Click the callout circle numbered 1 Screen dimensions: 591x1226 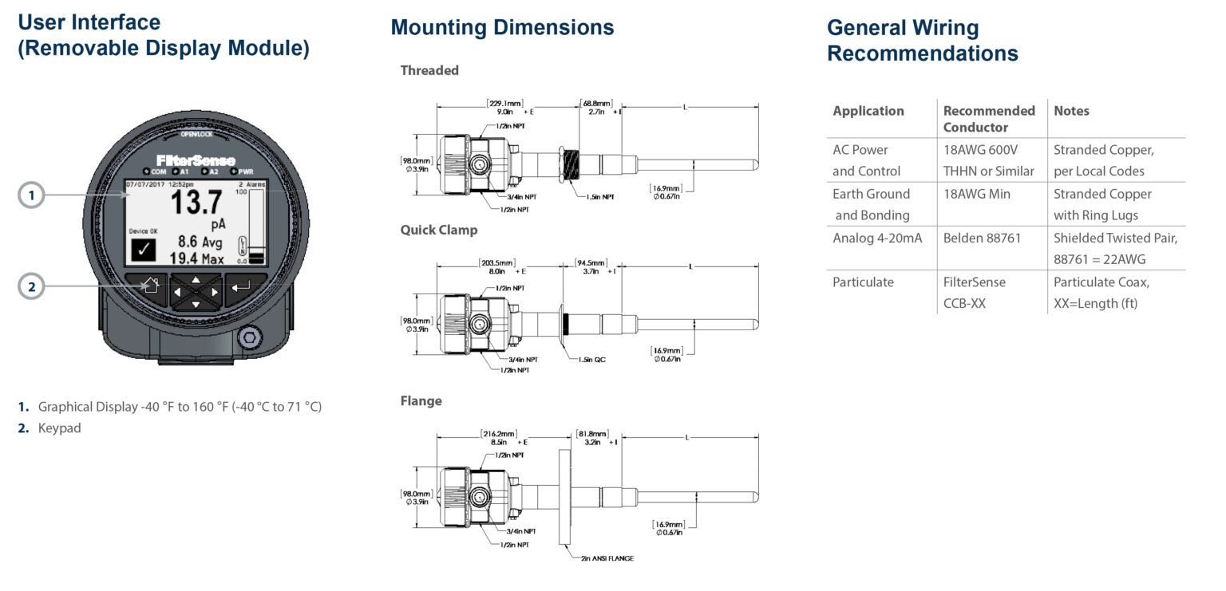[x=32, y=195]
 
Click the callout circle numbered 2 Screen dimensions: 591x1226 [x=32, y=286]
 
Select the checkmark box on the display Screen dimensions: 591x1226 [x=144, y=250]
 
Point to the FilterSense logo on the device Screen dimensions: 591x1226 [x=196, y=160]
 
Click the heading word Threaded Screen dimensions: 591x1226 [x=429, y=70]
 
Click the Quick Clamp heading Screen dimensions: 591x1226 [x=439, y=230]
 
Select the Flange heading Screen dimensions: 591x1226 [x=421, y=400]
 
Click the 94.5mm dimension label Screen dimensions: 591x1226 [x=591, y=262]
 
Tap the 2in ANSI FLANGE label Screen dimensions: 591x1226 [x=607, y=558]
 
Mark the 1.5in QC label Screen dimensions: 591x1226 [x=591, y=360]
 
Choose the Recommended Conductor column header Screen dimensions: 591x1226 [x=989, y=119]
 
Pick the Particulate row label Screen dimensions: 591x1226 [x=863, y=282]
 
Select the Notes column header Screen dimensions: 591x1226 [x=1071, y=111]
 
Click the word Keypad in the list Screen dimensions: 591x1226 [x=59, y=428]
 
